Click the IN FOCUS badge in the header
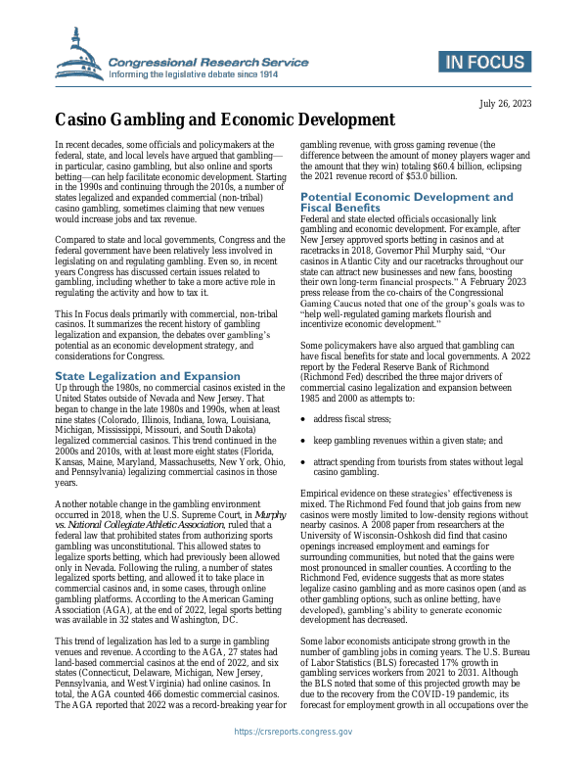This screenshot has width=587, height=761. pyautogui.click(x=487, y=64)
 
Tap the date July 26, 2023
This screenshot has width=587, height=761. pyautogui.click(x=505, y=104)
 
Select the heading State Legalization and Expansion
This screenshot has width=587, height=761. pyautogui.click(x=148, y=375)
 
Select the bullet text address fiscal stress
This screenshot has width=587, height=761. pyautogui.click(x=356, y=418)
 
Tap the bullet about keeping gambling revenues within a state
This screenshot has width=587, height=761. pyautogui.click(x=408, y=440)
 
